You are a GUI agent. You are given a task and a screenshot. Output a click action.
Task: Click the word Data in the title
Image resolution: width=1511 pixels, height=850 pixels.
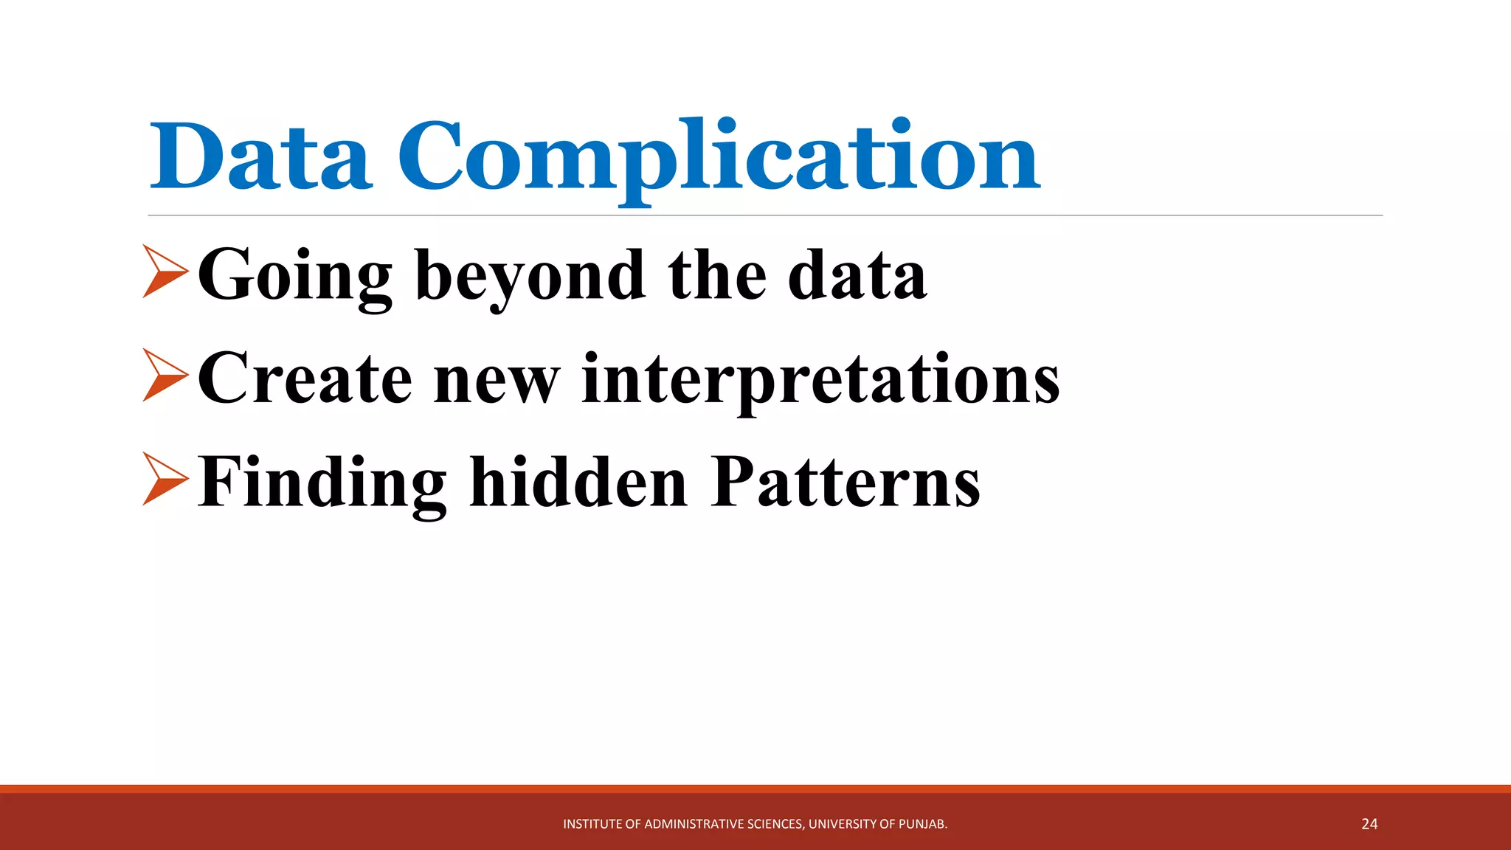[260, 156]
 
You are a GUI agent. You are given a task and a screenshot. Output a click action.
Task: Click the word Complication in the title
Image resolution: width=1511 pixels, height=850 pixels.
[719, 156]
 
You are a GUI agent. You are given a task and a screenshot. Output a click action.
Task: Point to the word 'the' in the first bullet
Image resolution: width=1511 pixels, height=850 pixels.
[716, 274]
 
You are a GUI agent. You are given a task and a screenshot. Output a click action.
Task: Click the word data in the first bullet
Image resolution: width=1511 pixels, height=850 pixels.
[857, 274]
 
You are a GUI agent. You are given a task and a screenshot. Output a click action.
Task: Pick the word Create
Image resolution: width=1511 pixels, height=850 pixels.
[304, 379]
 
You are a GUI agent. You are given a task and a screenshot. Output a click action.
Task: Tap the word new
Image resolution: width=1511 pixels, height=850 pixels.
[497, 379]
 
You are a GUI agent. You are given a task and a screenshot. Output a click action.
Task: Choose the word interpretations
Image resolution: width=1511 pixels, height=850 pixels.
[820, 379]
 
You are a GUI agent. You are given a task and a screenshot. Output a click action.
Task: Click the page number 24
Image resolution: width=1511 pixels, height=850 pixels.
[1369, 824]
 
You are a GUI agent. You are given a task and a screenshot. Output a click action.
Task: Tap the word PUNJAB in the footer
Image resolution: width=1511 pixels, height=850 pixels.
[922, 824]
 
